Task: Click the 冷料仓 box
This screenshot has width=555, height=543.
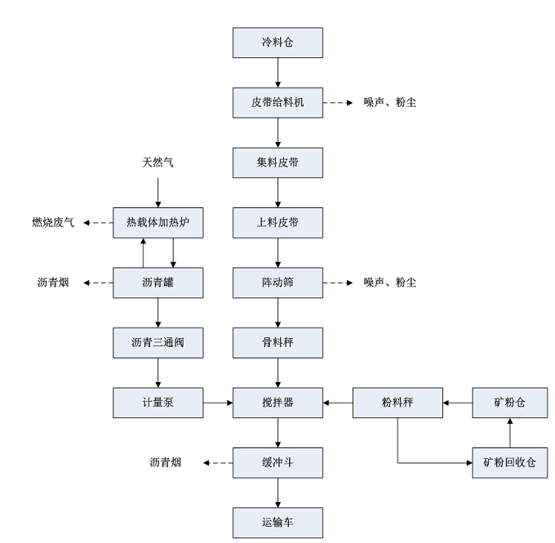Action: coord(277,43)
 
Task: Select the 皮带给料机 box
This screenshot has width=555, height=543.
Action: coord(277,103)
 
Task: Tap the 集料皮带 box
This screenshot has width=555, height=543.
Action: coord(277,162)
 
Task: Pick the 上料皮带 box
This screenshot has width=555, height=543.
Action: coord(277,222)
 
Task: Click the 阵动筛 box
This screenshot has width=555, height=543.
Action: coord(277,283)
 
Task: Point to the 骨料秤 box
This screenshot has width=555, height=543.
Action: coord(277,342)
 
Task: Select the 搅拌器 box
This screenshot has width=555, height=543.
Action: coord(277,402)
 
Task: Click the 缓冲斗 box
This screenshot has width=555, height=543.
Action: coord(277,462)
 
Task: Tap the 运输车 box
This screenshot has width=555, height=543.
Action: coord(277,522)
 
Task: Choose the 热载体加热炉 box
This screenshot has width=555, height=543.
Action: coord(158,222)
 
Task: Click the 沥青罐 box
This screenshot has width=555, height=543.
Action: coord(158,283)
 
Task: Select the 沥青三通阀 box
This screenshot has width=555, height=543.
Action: coord(158,342)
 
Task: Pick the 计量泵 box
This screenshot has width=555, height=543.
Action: coord(158,402)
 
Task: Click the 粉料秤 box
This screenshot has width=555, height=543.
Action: coord(397,402)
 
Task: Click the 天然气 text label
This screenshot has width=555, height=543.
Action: coord(158,163)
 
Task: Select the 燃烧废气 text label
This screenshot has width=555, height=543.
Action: coord(53,222)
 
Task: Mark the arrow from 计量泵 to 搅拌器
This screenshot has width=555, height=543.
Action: coord(218,402)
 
